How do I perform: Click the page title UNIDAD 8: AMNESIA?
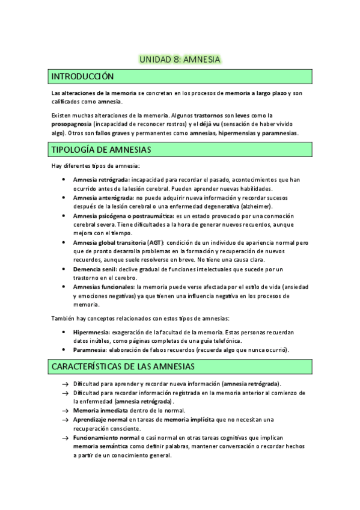point(180,60)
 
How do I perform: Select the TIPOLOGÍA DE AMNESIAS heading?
point(101,149)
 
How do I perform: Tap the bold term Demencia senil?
point(95,269)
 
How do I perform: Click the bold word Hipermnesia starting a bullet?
point(91,332)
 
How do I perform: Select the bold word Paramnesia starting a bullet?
point(90,350)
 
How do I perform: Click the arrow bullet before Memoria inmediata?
point(64,410)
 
